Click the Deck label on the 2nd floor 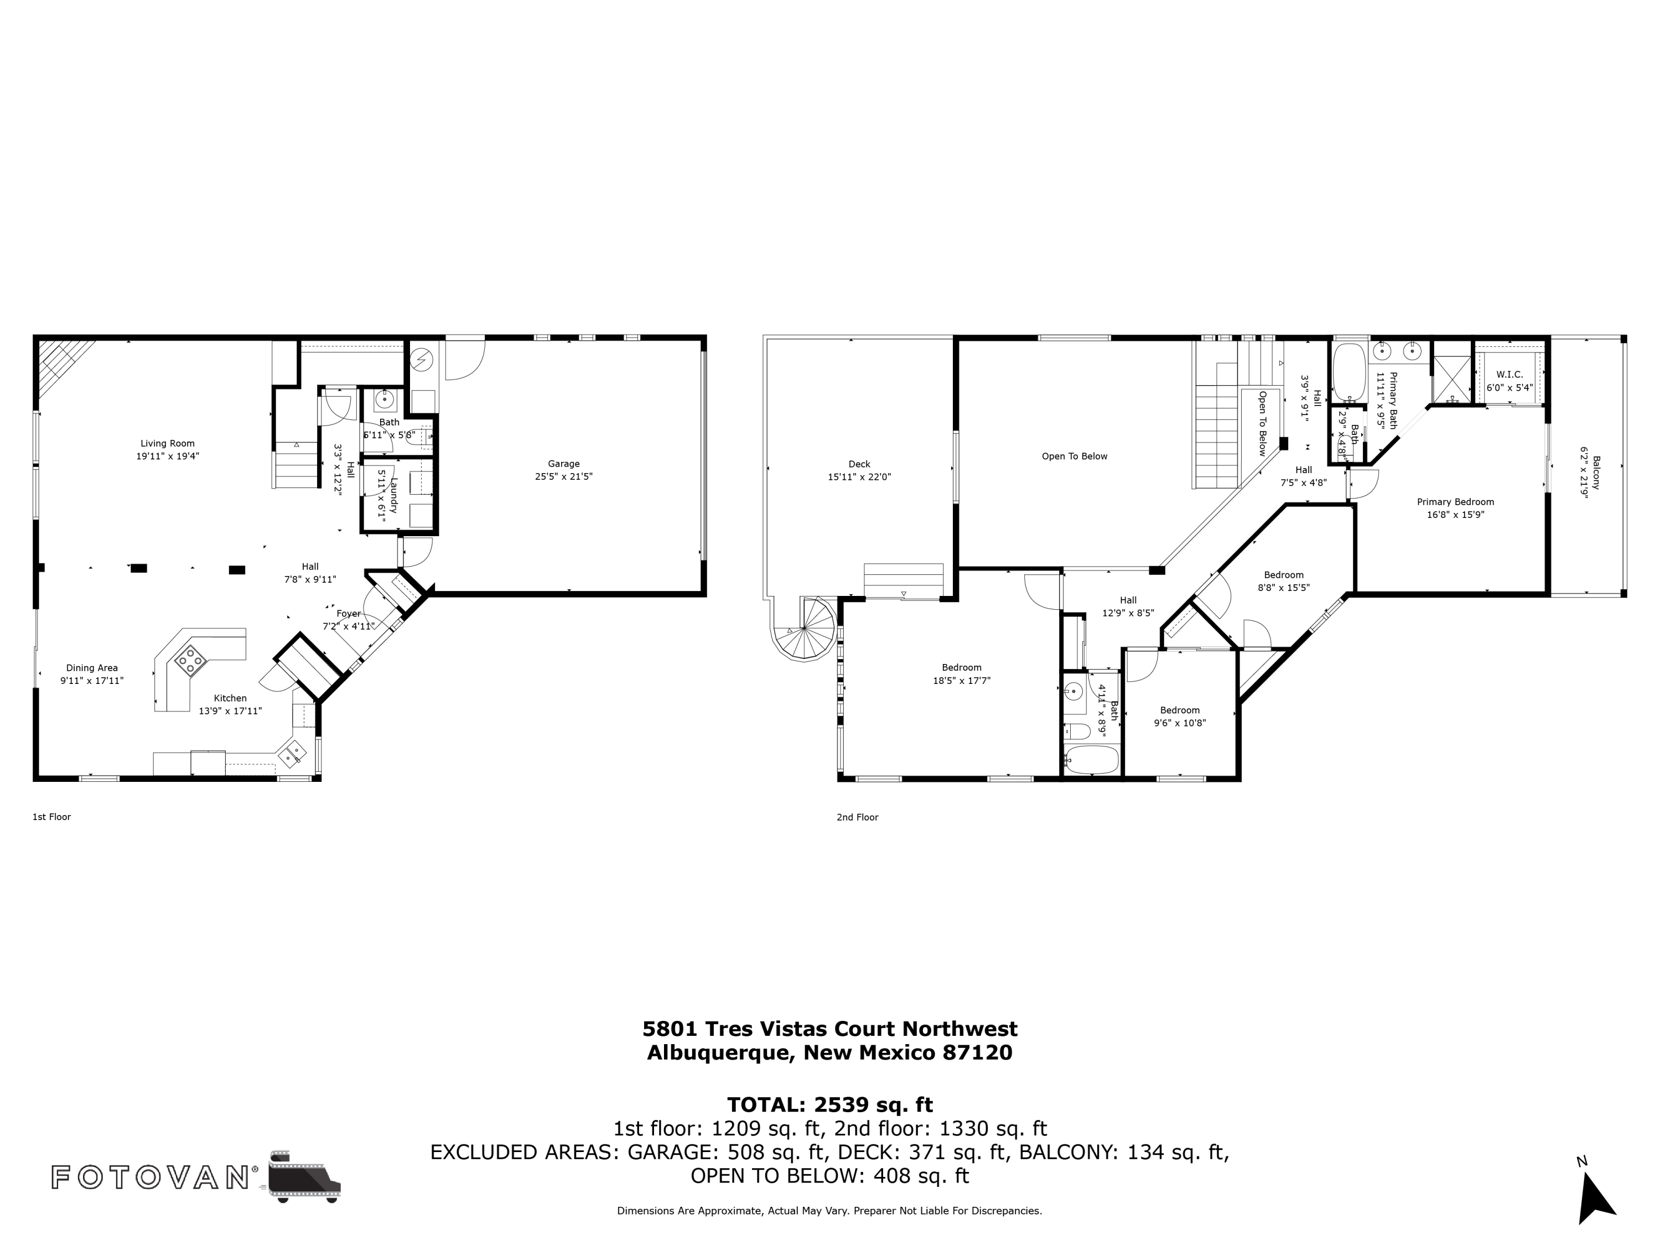click(859, 464)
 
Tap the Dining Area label click(91, 667)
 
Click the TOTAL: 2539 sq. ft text click(829, 1104)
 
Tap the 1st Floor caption click(51, 817)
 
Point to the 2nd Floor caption click(857, 817)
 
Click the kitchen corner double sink click(293, 752)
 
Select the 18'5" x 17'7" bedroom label click(961, 681)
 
